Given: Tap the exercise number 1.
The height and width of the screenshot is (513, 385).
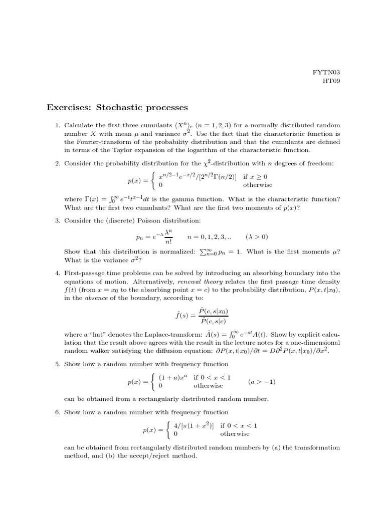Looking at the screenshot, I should pos(58,125).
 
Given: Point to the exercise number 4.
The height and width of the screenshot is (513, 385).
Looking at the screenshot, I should pos(58,273).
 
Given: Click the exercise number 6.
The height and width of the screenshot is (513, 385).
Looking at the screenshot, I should pos(58,412).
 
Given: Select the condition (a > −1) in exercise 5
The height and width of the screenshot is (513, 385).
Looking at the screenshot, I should pos(262,382).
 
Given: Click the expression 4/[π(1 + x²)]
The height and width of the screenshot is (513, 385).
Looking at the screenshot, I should pos(194,425).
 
